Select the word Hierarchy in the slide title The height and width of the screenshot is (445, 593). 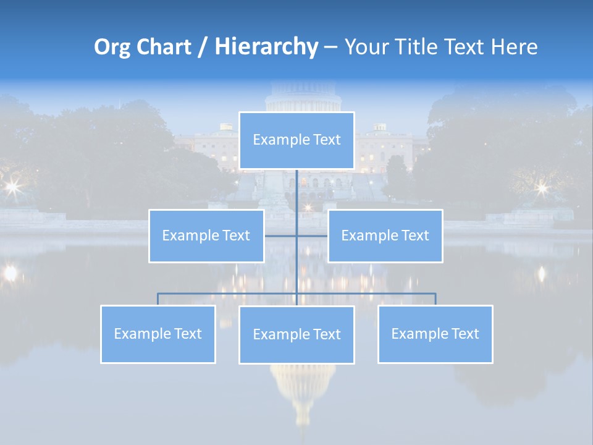point(266,47)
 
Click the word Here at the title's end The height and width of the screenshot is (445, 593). point(514,47)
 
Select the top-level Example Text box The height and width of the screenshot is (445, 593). point(296,140)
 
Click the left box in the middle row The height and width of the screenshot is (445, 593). point(206,235)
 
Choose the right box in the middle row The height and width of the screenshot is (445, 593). point(385,235)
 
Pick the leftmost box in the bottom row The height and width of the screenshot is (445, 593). point(158,334)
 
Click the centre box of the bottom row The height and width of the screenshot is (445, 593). point(296,334)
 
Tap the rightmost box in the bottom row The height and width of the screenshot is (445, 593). point(435,334)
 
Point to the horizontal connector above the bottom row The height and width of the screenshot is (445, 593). point(229,294)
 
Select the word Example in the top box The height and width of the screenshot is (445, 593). point(276,140)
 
